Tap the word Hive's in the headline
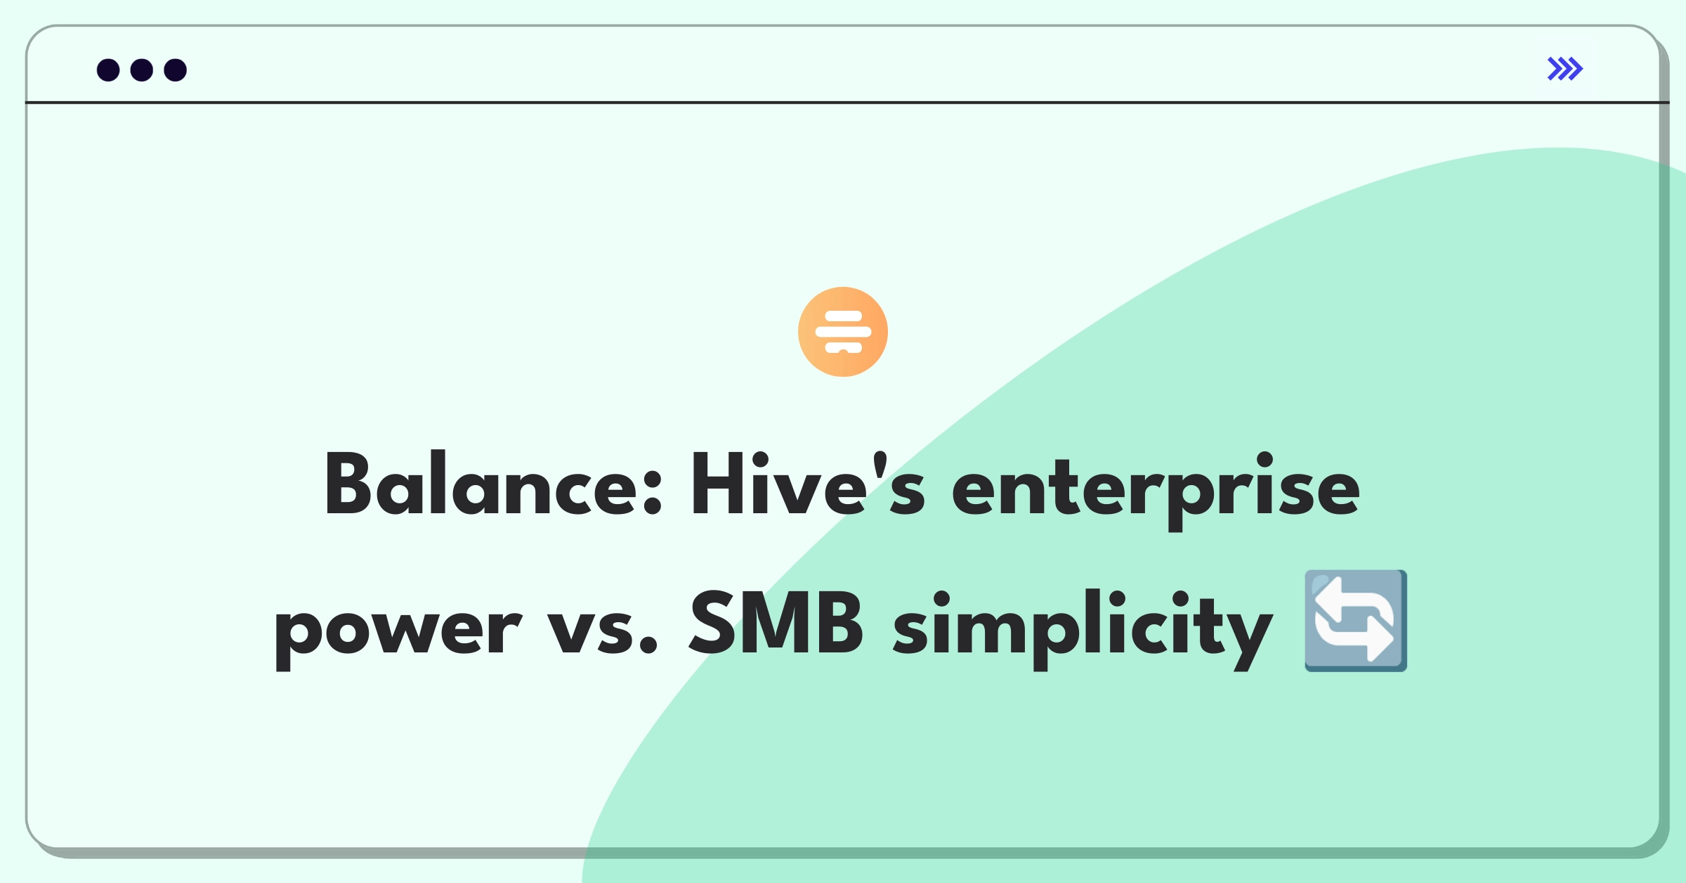(808, 484)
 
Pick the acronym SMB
(776, 621)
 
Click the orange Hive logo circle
(843, 332)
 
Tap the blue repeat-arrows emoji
(1356, 621)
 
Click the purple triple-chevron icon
(1565, 69)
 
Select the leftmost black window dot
(108, 70)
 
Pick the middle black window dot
(142, 70)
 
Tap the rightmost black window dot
(176, 70)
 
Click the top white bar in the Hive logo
(843, 316)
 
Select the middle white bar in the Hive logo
(843, 332)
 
